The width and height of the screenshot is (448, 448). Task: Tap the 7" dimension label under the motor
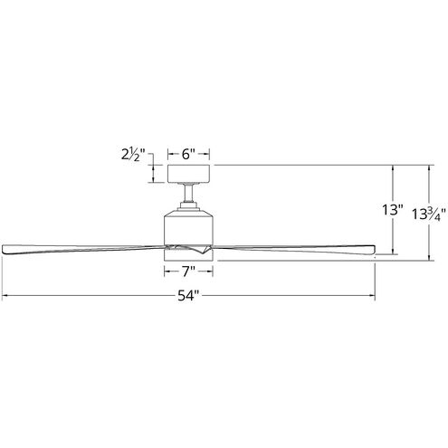click(x=187, y=269)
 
